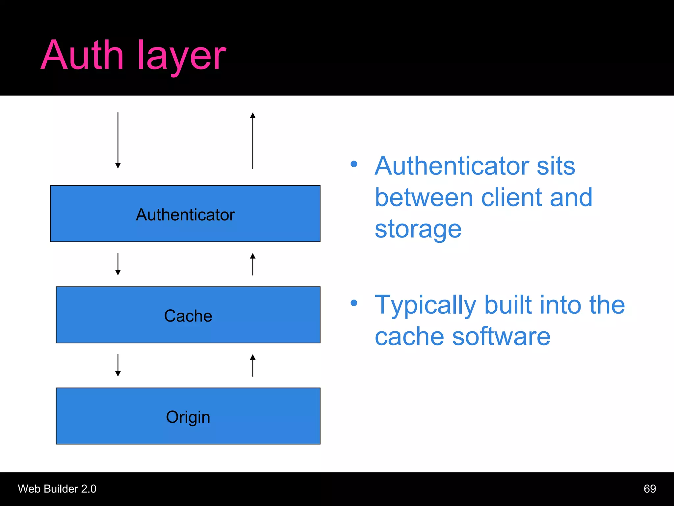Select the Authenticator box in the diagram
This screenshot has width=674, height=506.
click(185, 214)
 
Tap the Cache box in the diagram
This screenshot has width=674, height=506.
click(188, 315)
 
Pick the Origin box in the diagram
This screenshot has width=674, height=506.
click(188, 416)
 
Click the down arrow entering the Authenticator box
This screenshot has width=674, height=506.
click(118, 140)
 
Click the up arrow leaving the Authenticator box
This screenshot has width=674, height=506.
click(253, 140)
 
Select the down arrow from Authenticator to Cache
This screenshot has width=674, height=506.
click(118, 264)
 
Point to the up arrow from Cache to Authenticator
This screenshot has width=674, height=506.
click(253, 264)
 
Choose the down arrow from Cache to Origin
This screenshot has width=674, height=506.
click(118, 365)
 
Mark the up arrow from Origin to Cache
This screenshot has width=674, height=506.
click(253, 365)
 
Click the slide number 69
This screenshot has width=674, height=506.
click(650, 489)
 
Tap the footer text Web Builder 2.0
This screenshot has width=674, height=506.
click(57, 489)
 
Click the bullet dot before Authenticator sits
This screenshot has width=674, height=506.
click(354, 164)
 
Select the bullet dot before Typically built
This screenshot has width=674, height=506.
click(354, 303)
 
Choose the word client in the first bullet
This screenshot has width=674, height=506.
click(512, 197)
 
